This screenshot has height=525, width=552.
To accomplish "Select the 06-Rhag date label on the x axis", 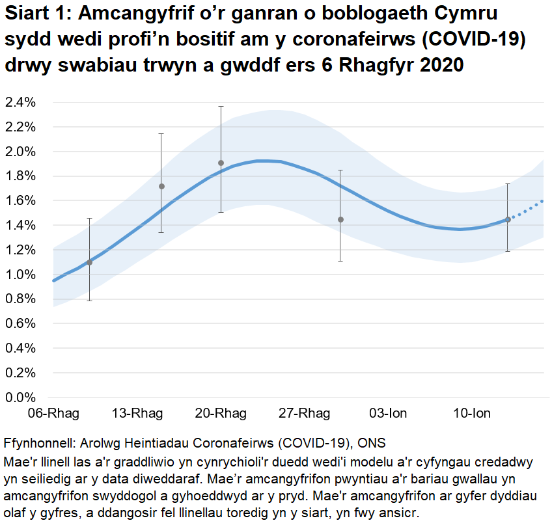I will click(x=53, y=414).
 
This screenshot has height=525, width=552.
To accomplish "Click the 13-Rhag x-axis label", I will click(x=137, y=414).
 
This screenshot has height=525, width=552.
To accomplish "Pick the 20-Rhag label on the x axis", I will click(x=221, y=414).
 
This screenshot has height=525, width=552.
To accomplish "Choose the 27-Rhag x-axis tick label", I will click(x=305, y=414).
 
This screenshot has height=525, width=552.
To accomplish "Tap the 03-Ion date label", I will click(x=389, y=414).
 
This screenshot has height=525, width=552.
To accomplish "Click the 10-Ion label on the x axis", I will click(x=472, y=414).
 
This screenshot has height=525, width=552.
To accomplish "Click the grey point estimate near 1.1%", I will click(x=90, y=262).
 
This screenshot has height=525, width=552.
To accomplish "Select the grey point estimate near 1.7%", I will click(x=162, y=187).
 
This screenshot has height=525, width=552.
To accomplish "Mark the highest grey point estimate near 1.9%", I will click(x=221, y=163).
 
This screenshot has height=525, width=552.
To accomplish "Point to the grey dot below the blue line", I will click(x=340, y=220).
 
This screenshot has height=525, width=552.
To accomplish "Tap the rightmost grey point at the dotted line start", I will click(x=508, y=220).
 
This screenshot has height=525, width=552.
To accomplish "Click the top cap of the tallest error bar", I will click(x=221, y=106).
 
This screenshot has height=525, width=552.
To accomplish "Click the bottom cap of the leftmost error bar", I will click(x=90, y=301).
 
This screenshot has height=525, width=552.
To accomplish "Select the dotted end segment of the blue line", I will click(x=527, y=209).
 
